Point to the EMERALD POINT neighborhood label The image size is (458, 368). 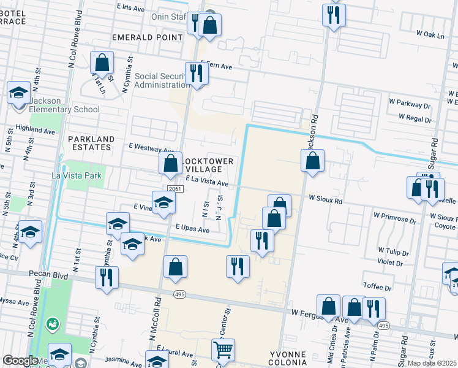point(148,37)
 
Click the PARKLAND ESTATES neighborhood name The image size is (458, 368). point(91,144)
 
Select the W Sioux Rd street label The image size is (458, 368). point(325,199)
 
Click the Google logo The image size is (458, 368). point(20,361)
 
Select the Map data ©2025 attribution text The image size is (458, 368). point(432,363)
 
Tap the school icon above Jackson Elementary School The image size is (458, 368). point(19,93)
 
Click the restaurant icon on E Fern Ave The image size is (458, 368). point(197,73)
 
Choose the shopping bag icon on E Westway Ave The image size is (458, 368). point(170,163)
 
